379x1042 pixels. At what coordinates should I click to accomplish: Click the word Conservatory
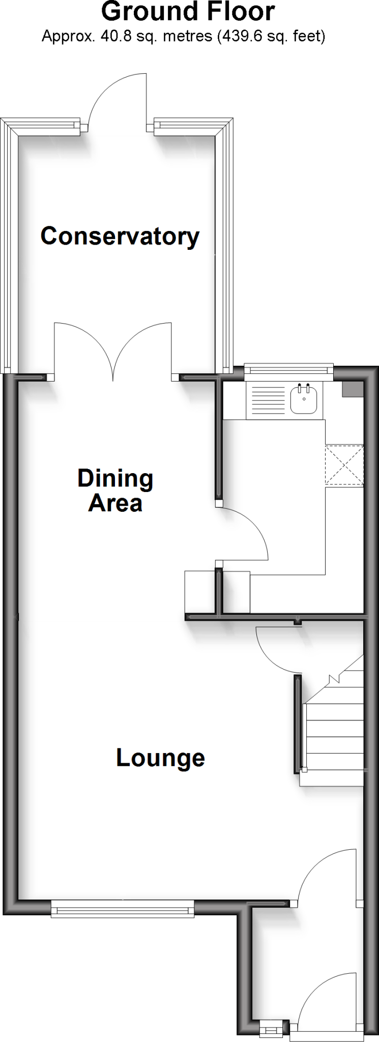pyautogui.click(x=120, y=237)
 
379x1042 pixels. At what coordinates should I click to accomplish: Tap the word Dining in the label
pyautogui.click(x=115, y=479)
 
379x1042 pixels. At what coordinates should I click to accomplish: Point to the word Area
pyautogui.click(x=115, y=503)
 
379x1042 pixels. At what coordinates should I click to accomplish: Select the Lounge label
pyautogui.click(x=160, y=758)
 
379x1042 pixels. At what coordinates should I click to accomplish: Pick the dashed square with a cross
pyautogui.click(x=344, y=465)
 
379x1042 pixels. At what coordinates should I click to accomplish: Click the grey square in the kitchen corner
pyautogui.click(x=352, y=390)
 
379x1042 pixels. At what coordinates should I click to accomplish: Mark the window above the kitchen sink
pyautogui.click(x=288, y=370)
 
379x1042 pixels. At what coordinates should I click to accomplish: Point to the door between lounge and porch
pyautogui.click(x=326, y=875)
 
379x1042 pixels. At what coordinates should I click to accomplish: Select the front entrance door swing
pyautogui.click(x=326, y=997)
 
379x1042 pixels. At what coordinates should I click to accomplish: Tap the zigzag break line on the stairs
pyautogui.click(x=334, y=678)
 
